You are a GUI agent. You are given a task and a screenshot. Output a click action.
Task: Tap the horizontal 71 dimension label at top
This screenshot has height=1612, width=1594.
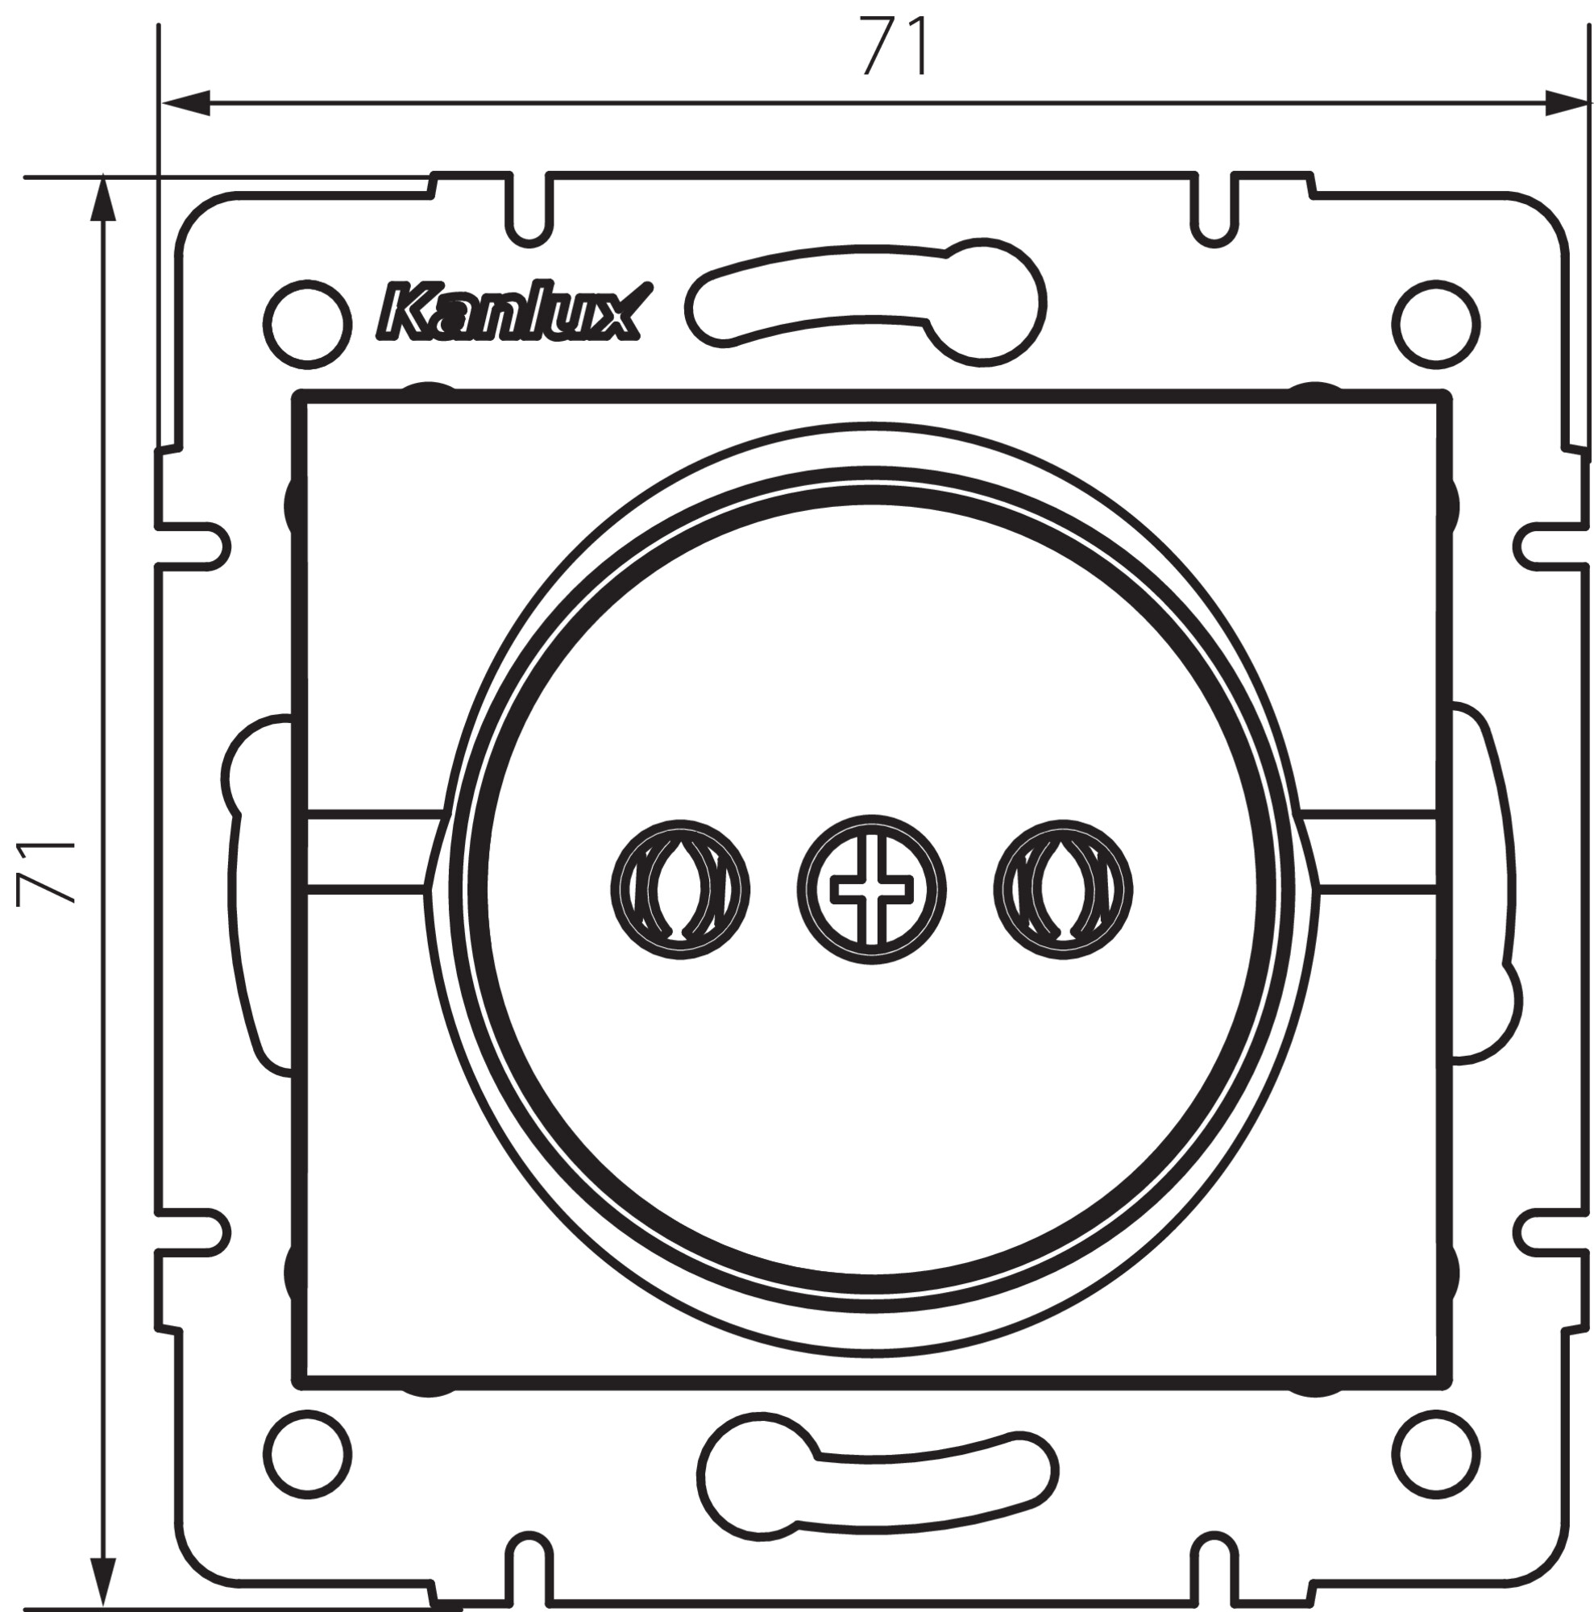click(895, 47)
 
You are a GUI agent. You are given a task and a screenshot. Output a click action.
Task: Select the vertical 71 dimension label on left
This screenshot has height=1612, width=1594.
click(47, 873)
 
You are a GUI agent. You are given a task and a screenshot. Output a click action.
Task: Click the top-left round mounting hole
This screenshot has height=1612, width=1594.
click(307, 324)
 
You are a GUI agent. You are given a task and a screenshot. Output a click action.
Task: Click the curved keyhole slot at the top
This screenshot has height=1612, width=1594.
click(867, 302)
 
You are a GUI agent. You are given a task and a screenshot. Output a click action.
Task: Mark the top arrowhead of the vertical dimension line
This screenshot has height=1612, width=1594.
click(102, 200)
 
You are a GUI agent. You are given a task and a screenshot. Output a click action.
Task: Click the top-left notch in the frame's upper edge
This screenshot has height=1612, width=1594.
click(529, 209)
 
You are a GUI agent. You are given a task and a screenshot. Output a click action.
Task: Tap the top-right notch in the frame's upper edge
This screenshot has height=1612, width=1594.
click(1214, 209)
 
